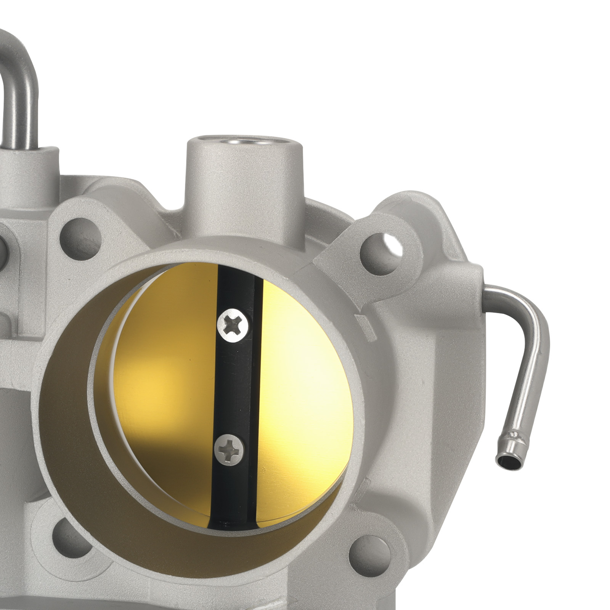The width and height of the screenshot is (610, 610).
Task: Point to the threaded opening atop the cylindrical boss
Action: [x=244, y=142]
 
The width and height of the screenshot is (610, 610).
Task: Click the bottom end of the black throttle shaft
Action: [x=229, y=522]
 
